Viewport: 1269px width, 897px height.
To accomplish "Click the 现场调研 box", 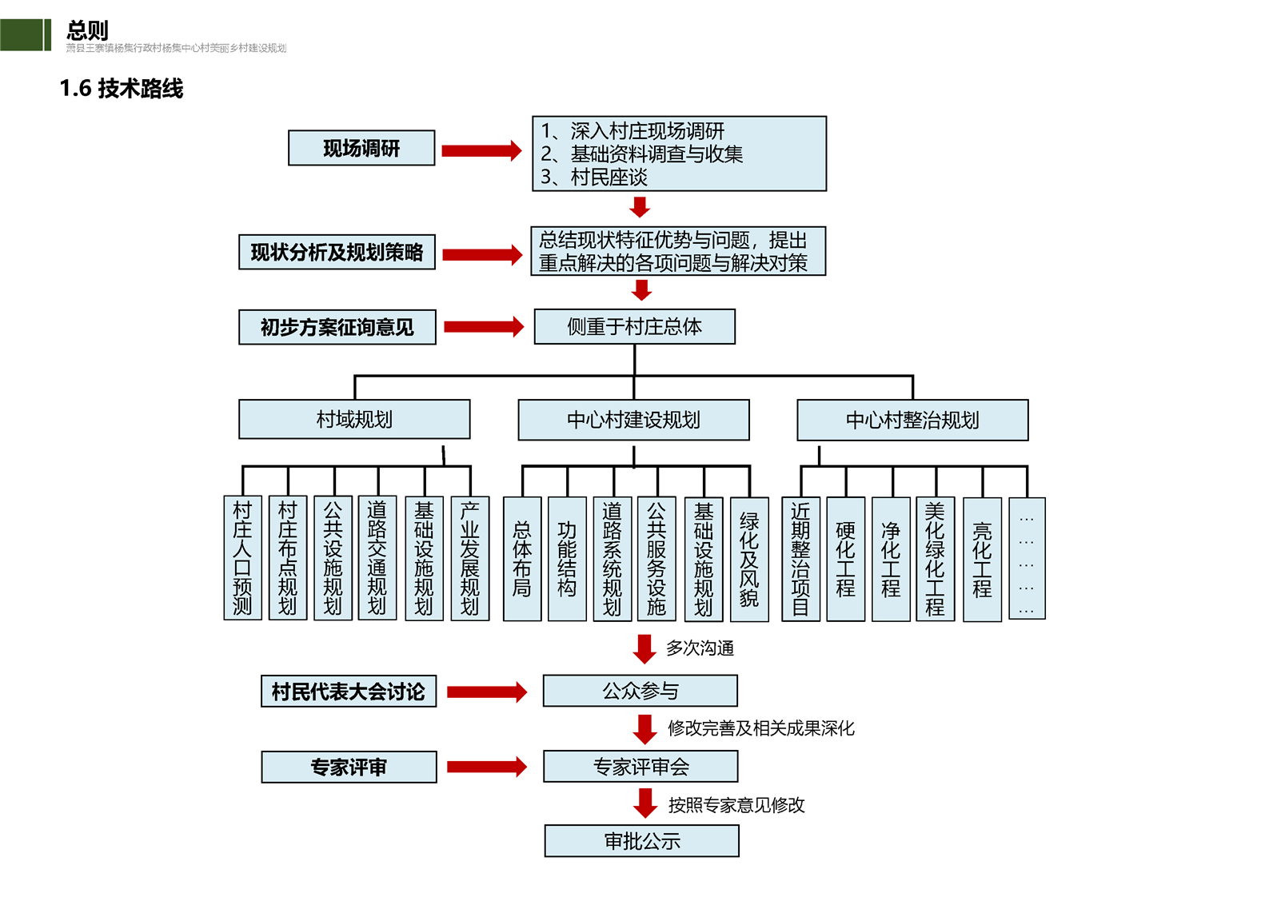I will pyautogui.click(x=361, y=148).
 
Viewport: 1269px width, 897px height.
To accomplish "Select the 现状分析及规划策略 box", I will pyautogui.click(x=337, y=252).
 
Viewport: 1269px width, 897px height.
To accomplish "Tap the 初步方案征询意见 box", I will pyautogui.click(x=337, y=327).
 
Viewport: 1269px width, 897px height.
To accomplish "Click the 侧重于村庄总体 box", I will pyautogui.click(x=634, y=326).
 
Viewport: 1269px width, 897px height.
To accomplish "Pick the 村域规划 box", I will pyautogui.click(x=354, y=420).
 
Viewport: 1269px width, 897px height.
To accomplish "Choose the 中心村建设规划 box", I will pyautogui.click(x=633, y=420).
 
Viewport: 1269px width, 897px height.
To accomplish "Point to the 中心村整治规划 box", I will pyautogui.click(x=912, y=420).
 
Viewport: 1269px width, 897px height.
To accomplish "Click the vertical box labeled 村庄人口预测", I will pyautogui.click(x=242, y=558).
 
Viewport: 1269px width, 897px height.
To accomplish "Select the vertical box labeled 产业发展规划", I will pyautogui.click(x=470, y=558).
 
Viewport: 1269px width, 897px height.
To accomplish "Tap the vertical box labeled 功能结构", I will pyautogui.click(x=567, y=559).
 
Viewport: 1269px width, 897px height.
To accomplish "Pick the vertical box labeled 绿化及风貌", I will pyautogui.click(x=749, y=559).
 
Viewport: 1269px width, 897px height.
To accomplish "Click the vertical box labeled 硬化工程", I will pyautogui.click(x=845, y=559).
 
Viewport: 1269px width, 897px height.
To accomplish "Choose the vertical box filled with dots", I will pyautogui.click(x=1027, y=559).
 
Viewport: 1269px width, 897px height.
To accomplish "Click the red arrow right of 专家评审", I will pyautogui.click(x=486, y=767).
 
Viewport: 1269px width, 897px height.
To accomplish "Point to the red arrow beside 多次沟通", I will pyautogui.click(x=644, y=648).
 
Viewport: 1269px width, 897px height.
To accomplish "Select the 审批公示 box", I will pyautogui.click(x=641, y=841).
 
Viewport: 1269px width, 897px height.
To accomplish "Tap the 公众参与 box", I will pyautogui.click(x=640, y=691).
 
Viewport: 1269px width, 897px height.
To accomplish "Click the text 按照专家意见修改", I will pyautogui.click(x=736, y=805).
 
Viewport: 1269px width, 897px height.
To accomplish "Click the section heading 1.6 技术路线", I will pyautogui.click(x=122, y=88).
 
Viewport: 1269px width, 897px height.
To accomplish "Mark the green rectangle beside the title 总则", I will pyautogui.click(x=25, y=35).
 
